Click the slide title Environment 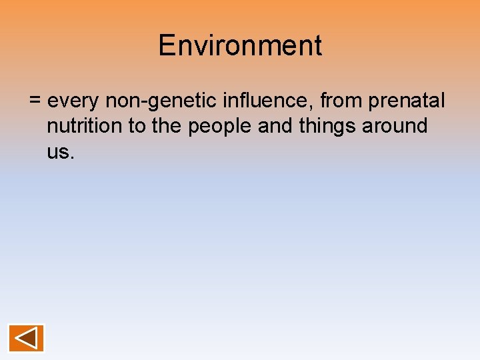point(240,46)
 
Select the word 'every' point(74,102)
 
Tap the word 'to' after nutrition point(137,126)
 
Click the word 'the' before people point(167,126)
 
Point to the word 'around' point(398,126)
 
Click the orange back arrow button point(26,338)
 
